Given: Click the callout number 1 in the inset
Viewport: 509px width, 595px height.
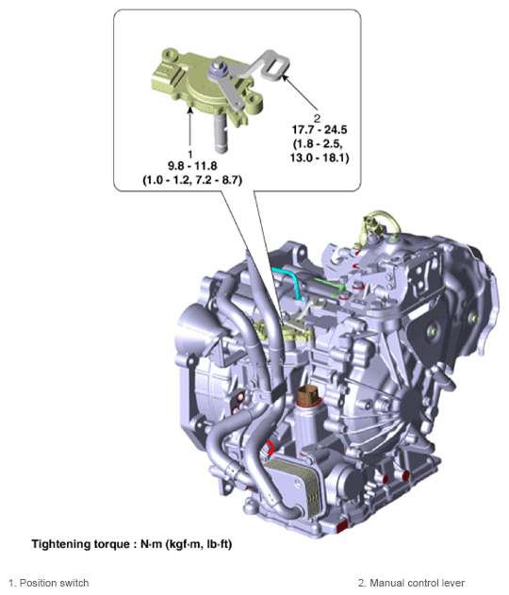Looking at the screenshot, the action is click(x=190, y=154).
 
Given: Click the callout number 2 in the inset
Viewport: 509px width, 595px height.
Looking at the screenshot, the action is click(x=317, y=118).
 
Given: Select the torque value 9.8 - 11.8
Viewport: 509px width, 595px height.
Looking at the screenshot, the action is click(x=192, y=166).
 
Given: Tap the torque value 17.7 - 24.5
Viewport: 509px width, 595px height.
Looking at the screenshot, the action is click(x=320, y=130).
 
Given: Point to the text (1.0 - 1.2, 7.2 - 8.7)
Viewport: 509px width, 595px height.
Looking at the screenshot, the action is click(x=192, y=180).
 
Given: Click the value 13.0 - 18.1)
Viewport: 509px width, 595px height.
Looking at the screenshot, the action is click(x=320, y=157).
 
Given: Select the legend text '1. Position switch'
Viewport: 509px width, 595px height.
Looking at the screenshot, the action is click(x=48, y=583).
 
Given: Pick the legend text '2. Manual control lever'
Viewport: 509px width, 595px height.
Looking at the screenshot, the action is click(x=411, y=583).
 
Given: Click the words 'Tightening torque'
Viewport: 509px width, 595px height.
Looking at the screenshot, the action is click(x=80, y=544).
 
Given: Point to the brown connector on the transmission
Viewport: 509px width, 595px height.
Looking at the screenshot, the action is click(x=308, y=395).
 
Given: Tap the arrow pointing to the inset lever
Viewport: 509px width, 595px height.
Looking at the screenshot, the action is click(x=300, y=93).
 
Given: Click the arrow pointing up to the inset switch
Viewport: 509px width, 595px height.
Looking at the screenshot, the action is click(x=190, y=127).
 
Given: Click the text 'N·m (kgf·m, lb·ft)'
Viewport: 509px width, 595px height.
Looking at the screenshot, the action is click(x=187, y=544).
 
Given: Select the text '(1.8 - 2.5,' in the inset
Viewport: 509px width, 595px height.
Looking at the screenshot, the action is click(x=318, y=144).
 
